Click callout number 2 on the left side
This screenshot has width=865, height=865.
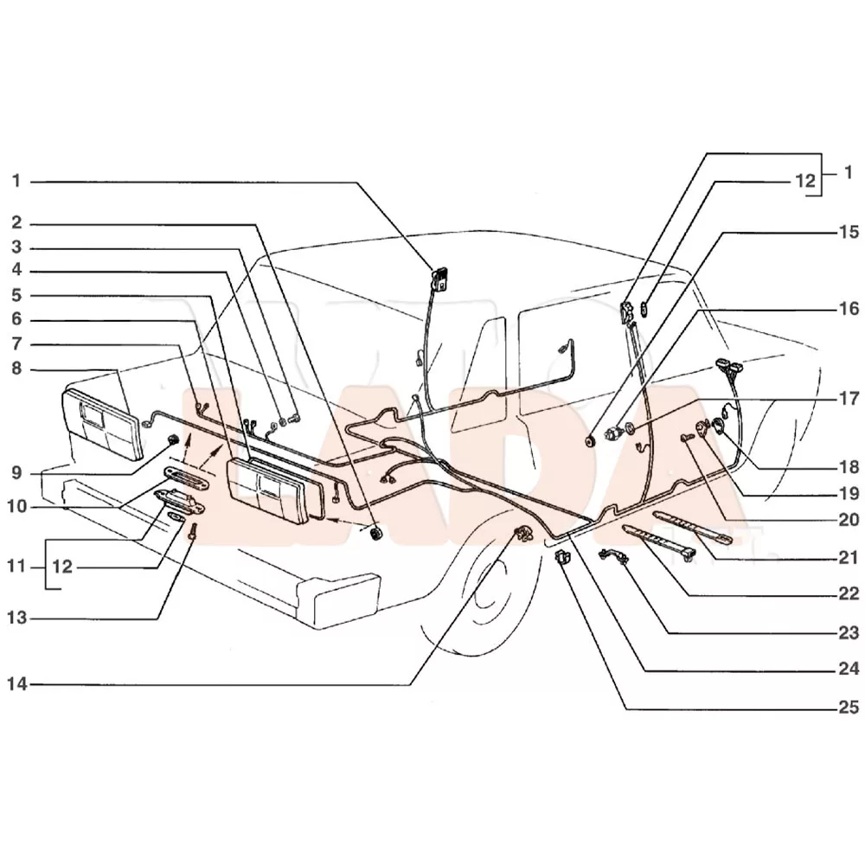16,222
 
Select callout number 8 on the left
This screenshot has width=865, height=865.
16,368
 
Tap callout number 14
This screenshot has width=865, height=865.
16,684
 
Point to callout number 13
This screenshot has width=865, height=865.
16,618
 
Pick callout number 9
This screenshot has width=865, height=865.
16,473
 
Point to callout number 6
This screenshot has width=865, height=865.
16,319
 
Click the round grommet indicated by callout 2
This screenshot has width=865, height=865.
377,534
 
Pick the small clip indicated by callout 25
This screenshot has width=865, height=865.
561,558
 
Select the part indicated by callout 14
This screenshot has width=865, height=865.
523,534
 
